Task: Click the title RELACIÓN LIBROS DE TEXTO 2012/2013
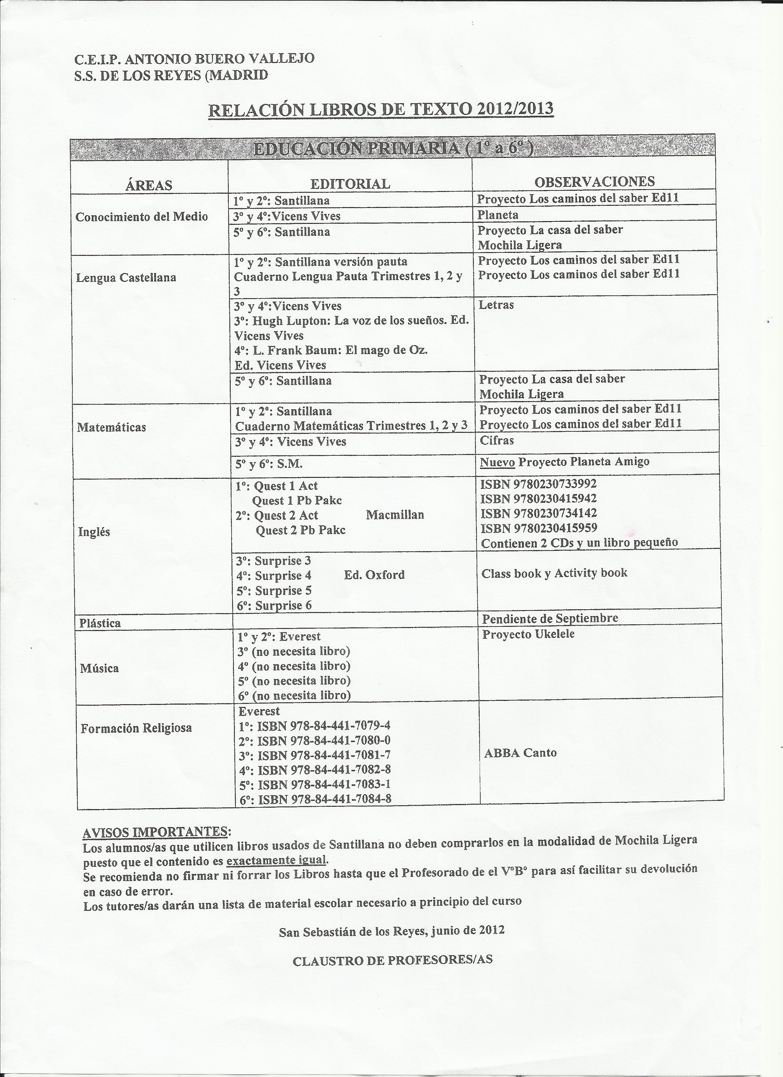[x=381, y=110]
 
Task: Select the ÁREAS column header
[x=149, y=185]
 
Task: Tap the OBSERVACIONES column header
[x=594, y=181]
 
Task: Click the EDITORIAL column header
[x=350, y=184]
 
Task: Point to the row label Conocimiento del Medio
[x=142, y=217]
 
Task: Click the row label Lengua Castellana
[x=126, y=277]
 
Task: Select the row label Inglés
[x=94, y=532]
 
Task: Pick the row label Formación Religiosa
[x=136, y=728]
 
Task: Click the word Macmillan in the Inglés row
[x=395, y=515]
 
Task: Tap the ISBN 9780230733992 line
[x=539, y=484]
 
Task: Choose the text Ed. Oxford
[x=374, y=575]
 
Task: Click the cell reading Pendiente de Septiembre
[x=550, y=618]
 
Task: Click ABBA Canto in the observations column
[x=520, y=753]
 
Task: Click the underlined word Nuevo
[x=497, y=462]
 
